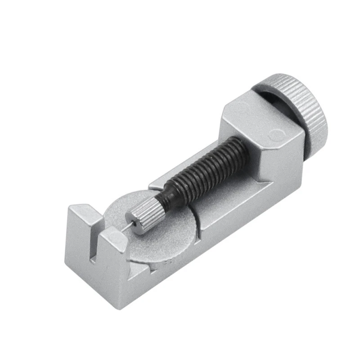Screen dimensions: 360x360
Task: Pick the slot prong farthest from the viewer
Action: coord(81,216)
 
